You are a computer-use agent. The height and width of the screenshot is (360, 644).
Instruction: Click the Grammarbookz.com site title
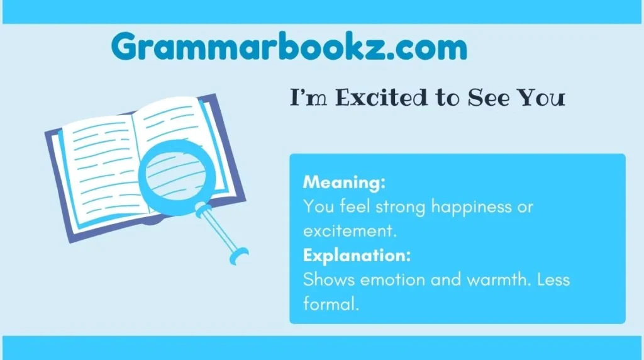tap(289, 47)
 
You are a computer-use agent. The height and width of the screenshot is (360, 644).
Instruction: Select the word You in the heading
tap(541, 98)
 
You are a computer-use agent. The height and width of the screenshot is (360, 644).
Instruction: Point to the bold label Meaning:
tap(343, 183)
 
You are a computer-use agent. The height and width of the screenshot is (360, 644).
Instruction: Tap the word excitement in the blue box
tap(349, 231)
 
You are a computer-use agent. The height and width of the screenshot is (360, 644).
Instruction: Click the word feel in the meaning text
tap(346, 207)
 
